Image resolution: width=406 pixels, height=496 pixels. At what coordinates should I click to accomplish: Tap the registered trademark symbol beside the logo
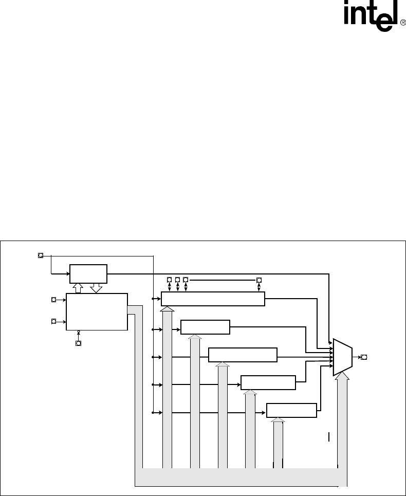point(402,22)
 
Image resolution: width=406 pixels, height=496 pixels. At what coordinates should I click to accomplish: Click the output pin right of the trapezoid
point(364,357)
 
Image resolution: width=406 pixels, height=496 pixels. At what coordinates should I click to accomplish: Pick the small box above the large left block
point(88,274)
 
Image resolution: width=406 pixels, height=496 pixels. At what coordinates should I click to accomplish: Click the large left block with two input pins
point(97,311)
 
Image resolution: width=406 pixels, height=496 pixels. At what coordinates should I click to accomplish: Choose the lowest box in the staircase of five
point(292,411)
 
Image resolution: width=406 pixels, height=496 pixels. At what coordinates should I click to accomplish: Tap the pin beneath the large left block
point(78,343)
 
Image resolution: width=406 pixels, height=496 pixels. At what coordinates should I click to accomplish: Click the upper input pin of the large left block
point(53,299)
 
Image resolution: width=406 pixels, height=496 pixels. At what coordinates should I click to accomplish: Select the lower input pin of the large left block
point(53,321)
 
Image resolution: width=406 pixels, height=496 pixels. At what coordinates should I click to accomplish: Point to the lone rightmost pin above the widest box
point(259,280)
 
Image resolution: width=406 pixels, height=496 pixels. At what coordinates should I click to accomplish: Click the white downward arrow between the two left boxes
point(96,288)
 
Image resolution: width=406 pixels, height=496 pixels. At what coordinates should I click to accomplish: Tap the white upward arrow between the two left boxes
point(78,288)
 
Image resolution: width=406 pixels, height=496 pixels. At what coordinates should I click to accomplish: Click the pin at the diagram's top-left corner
point(41,255)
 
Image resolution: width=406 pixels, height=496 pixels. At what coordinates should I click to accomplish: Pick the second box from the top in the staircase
point(206,327)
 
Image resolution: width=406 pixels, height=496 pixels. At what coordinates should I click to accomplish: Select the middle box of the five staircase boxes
point(243,355)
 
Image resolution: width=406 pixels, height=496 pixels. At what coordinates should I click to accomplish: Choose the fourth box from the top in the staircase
point(268,383)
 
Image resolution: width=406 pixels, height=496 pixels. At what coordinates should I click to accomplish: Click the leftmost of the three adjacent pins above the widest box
point(170,280)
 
